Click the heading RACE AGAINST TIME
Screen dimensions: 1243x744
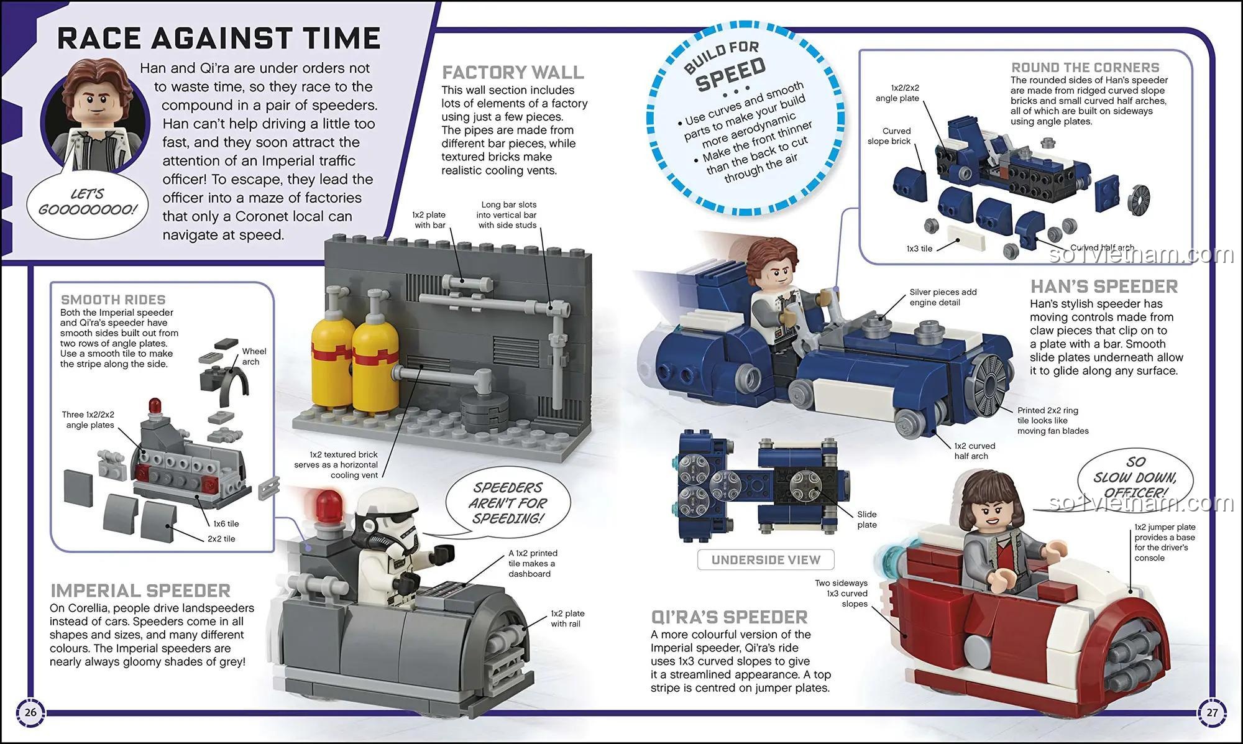pyautogui.click(x=218, y=39)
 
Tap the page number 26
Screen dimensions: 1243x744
pyautogui.click(x=30, y=712)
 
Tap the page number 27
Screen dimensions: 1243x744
pyautogui.click(x=1212, y=712)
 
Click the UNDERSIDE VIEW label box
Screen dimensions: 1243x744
pyautogui.click(x=766, y=559)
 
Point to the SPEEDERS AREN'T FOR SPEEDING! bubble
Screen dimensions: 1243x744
pyautogui.click(x=508, y=502)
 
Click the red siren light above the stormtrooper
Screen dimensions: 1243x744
pyautogui.click(x=329, y=505)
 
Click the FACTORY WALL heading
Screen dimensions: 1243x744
pyautogui.click(x=513, y=73)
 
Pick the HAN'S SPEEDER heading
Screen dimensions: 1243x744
pyautogui.click(x=1104, y=287)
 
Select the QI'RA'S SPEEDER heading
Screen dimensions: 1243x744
pyautogui.click(x=729, y=617)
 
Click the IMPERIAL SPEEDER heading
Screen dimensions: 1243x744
pyautogui.click(x=140, y=590)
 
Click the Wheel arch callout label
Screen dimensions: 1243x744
pyautogui.click(x=254, y=356)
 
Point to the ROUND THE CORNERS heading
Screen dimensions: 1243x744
pyautogui.click(x=1085, y=67)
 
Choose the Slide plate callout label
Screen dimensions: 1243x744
pyautogui.click(x=866, y=519)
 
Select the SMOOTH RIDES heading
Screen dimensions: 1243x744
pyautogui.click(x=113, y=300)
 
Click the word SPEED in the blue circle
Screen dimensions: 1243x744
pyautogui.click(x=730, y=74)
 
